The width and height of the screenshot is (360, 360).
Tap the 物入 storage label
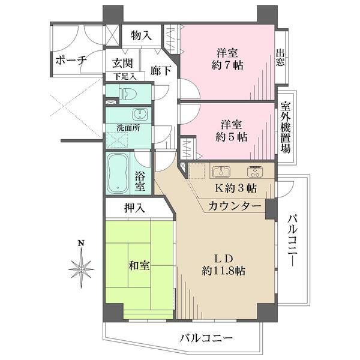pos(141,36)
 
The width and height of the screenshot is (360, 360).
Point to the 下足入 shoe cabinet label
pos(125,77)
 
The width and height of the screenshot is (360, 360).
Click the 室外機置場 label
pos(286,128)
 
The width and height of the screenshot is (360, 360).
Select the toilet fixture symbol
pos(128,93)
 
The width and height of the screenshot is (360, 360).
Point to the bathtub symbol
pos(119,173)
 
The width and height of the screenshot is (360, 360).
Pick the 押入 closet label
pos(134,209)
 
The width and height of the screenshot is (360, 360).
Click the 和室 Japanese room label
pos(139,265)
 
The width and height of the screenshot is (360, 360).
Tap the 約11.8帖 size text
pos(223,271)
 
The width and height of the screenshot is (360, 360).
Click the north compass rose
pos(81,269)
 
